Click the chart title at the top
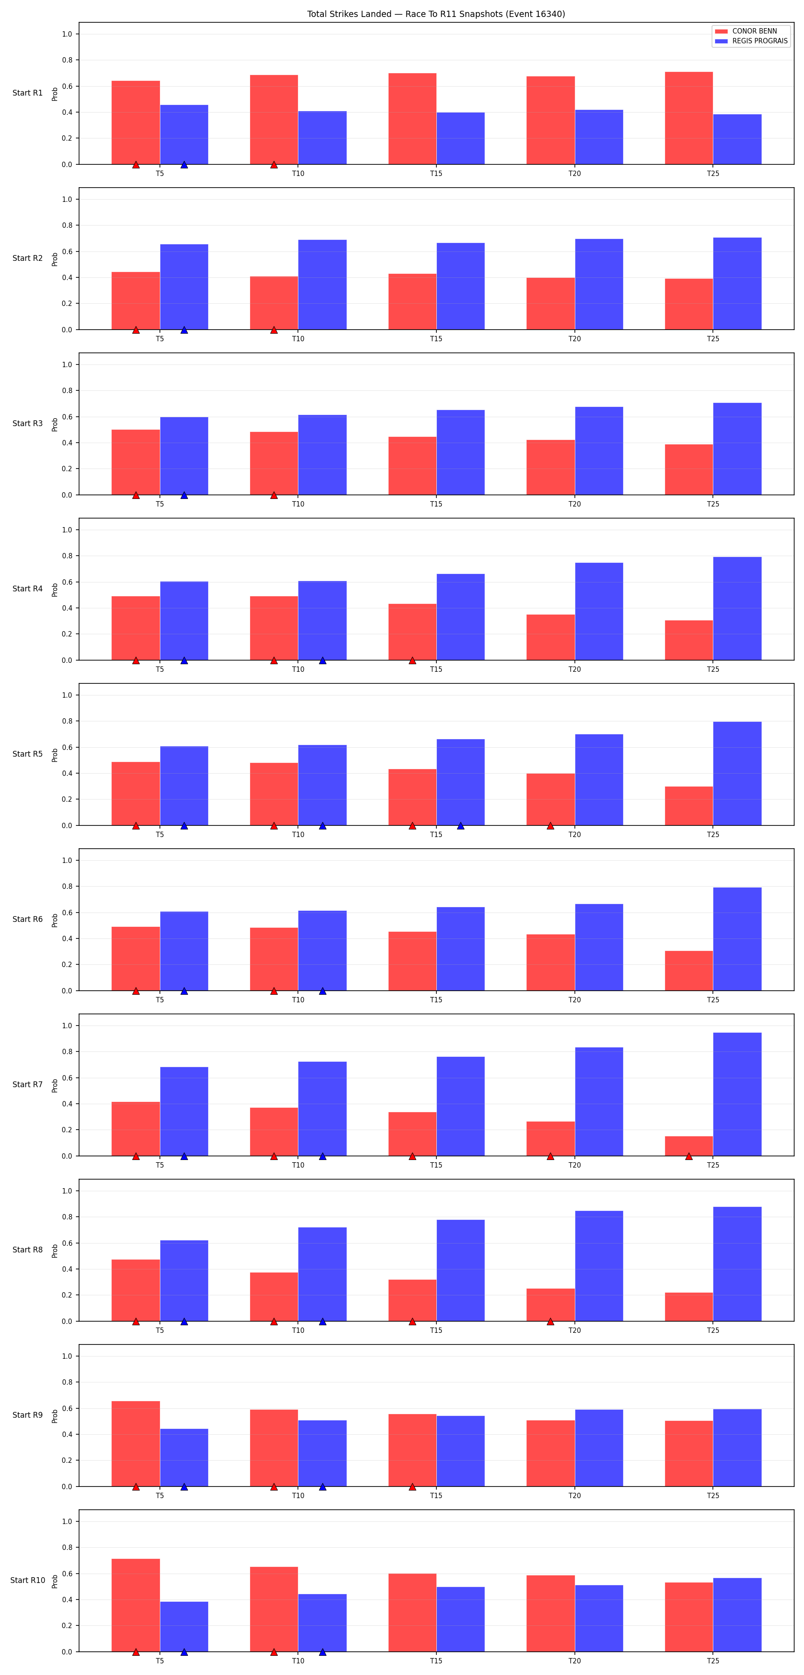coord(436,14)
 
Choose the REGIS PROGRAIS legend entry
coord(751,41)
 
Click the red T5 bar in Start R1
coord(135,122)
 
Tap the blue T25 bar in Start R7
coord(737,1094)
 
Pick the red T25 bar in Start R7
coord(689,1146)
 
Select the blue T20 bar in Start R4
coord(599,611)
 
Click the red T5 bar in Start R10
coord(135,1605)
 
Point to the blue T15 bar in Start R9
coord(461,1451)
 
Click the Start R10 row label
coord(27,1580)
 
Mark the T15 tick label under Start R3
coord(436,504)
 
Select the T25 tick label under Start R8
coord(713,1330)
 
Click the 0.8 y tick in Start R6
coord(67,886)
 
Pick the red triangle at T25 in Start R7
coord(689,1156)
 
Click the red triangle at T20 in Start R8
coord(550,1321)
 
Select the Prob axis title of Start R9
coord(54,1415)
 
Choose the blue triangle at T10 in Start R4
coord(322,661)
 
